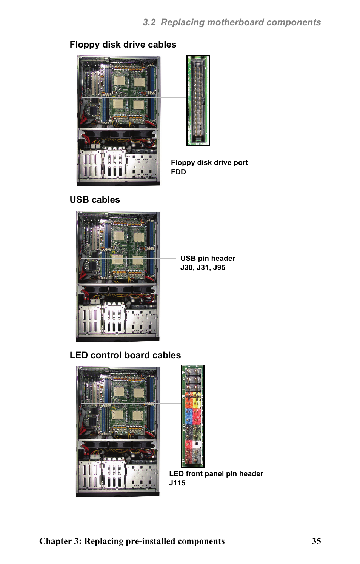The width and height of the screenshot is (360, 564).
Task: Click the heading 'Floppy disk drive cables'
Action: (x=123, y=45)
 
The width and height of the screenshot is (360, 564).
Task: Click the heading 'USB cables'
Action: (x=95, y=200)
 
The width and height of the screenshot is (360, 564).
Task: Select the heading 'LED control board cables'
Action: (x=125, y=355)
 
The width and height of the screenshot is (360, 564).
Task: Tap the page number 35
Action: (x=316, y=541)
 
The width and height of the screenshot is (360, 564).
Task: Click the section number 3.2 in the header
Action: (x=149, y=22)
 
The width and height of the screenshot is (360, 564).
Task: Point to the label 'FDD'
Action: (x=178, y=172)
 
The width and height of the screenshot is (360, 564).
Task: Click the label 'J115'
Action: (x=177, y=483)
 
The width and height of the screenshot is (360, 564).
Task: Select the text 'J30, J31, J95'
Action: (x=203, y=268)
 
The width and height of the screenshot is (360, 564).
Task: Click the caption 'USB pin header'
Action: (x=208, y=258)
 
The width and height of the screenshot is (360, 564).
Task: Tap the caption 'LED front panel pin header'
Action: (x=216, y=474)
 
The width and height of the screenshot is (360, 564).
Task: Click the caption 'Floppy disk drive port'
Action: (x=209, y=163)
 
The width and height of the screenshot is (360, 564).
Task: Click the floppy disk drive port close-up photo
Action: (x=198, y=101)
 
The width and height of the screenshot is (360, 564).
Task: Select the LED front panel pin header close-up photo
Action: (x=192, y=416)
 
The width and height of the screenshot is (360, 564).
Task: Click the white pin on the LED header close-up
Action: (x=197, y=444)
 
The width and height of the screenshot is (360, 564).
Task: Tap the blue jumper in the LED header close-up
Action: (x=189, y=414)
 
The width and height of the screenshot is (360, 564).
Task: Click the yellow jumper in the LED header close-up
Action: (x=197, y=401)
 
